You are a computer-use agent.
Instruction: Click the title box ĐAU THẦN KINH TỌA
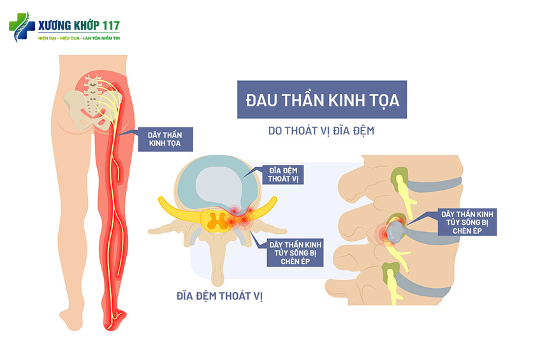click(321, 100)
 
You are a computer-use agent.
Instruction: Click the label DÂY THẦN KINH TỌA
click(164, 139)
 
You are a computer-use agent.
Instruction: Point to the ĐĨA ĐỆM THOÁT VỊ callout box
click(285, 175)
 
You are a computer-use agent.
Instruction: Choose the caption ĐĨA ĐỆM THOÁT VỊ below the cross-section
click(220, 296)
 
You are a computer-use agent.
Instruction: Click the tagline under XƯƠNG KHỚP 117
click(79, 39)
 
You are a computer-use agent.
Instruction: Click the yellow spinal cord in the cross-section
click(219, 220)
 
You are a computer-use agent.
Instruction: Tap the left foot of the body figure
click(71, 317)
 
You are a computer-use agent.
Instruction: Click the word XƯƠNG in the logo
click(54, 26)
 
